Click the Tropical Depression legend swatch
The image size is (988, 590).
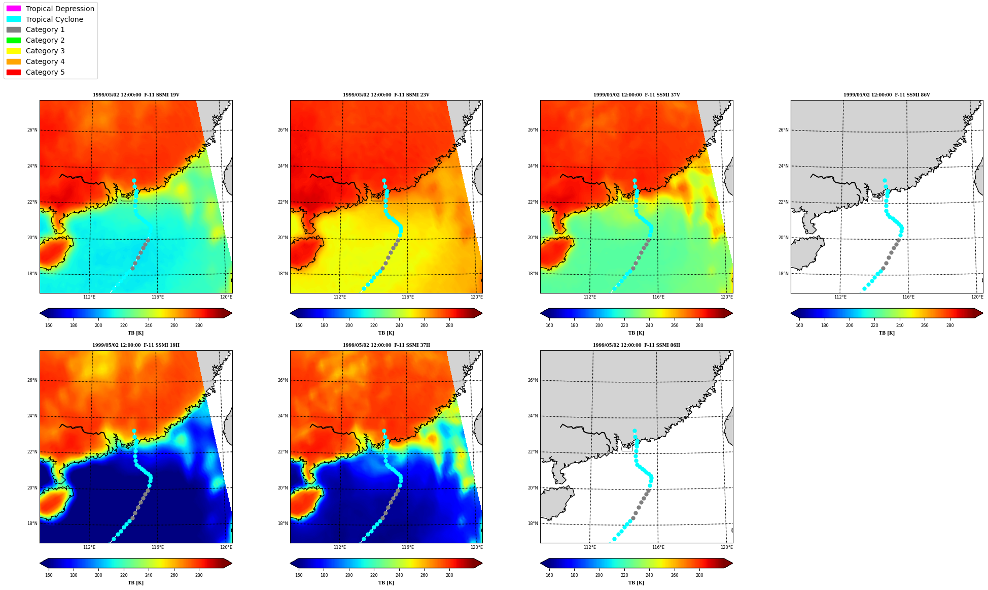pos(14,9)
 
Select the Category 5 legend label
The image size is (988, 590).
pos(45,72)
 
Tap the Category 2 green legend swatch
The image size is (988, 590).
pos(14,40)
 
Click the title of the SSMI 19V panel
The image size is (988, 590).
pos(136,95)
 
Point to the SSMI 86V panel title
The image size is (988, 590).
pos(887,95)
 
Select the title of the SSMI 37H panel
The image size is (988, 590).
pos(386,345)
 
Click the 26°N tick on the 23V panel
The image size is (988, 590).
pos(283,130)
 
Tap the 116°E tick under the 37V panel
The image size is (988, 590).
pos(658,297)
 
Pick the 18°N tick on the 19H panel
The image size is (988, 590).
pos(32,523)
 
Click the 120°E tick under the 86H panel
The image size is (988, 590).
pos(726,547)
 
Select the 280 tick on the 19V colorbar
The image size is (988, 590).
pos(199,325)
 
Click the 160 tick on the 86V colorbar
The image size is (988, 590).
pos(799,325)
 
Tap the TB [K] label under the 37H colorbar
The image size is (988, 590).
pos(386,583)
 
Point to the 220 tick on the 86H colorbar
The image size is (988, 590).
pos(624,575)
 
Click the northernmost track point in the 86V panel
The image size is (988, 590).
pos(885,181)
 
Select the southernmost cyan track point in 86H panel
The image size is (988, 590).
pos(614,539)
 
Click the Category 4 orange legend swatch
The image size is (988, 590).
pos(14,61)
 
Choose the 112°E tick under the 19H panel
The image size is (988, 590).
pos(89,547)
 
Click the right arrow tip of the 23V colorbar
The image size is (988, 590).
pos(482,313)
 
